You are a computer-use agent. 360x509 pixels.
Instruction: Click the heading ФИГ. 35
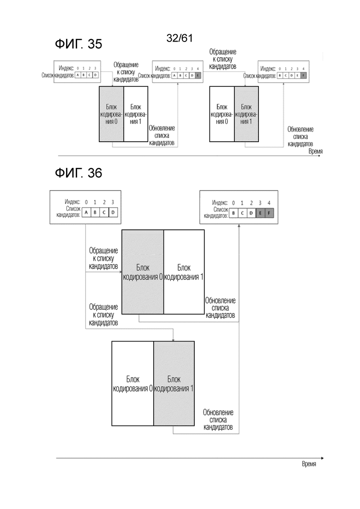click(78, 44)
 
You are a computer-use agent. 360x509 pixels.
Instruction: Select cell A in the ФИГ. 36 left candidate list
click(86, 212)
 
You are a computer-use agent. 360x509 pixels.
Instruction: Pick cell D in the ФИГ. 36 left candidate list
click(113, 212)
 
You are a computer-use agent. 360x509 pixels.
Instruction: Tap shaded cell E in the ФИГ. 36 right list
click(260, 213)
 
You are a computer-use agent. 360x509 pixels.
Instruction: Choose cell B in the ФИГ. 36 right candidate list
click(234, 213)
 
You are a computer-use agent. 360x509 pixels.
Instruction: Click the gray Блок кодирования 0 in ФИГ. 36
click(143, 272)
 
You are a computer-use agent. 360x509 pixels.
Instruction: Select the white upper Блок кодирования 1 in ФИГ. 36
click(184, 272)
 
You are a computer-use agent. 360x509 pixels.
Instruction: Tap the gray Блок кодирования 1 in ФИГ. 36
click(174, 383)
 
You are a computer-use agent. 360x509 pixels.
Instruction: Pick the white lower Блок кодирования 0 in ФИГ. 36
click(132, 383)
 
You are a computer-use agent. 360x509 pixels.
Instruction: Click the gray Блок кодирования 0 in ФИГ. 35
click(112, 114)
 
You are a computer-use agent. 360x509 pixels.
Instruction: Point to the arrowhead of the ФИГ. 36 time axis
click(322, 458)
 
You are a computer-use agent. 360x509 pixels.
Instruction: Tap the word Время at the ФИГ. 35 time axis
click(315, 151)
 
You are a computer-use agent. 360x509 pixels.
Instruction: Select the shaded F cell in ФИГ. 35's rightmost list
click(303, 75)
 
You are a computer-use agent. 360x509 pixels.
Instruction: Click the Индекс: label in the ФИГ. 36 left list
click(73, 202)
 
